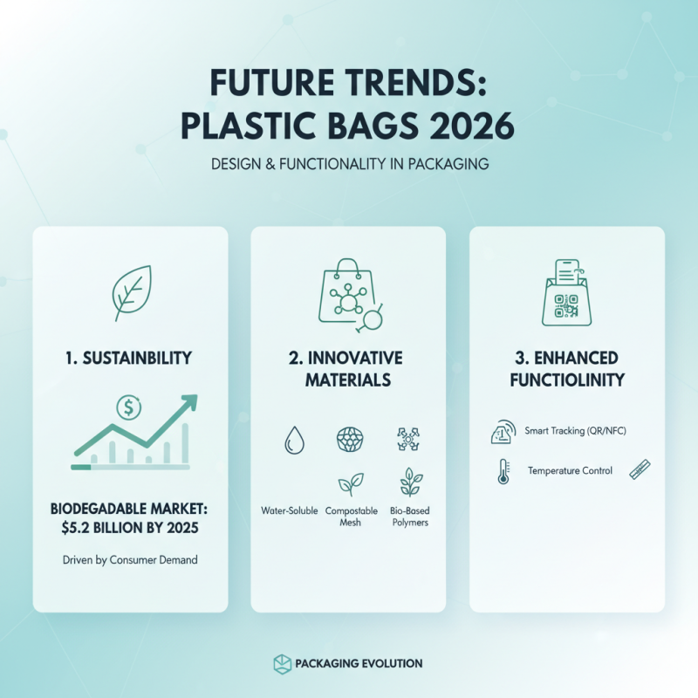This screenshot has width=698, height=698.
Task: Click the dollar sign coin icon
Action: pyautogui.click(x=129, y=407)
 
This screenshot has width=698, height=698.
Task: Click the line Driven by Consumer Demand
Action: pyautogui.click(x=130, y=559)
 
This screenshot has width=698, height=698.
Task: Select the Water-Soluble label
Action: pyautogui.click(x=289, y=510)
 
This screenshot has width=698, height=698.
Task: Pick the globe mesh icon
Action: pyautogui.click(x=349, y=440)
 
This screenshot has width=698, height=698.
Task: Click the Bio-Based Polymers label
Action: pyautogui.click(x=408, y=516)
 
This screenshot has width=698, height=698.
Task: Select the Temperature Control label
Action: pyautogui.click(x=570, y=471)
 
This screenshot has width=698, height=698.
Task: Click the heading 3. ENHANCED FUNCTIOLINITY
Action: pyautogui.click(x=566, y=369)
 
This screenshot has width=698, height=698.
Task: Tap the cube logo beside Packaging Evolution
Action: pyautogui.click(x=281, y=663)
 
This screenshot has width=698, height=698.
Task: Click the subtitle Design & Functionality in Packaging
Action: pyautogui.click(x=348, y=164)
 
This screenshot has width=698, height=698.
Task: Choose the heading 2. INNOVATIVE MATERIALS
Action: pyautogui.click(x=348, y=369)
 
